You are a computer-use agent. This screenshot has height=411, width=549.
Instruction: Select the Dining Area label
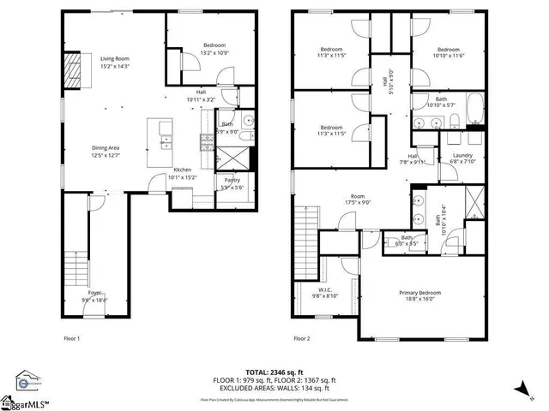(107, 152)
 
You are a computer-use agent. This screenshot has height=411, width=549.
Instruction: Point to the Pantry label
(232, 183)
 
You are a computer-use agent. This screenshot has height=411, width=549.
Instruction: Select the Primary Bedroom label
(418, 295)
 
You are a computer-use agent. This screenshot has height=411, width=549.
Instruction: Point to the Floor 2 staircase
(305, 232)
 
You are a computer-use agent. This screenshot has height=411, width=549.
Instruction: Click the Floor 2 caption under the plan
(302, 339)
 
